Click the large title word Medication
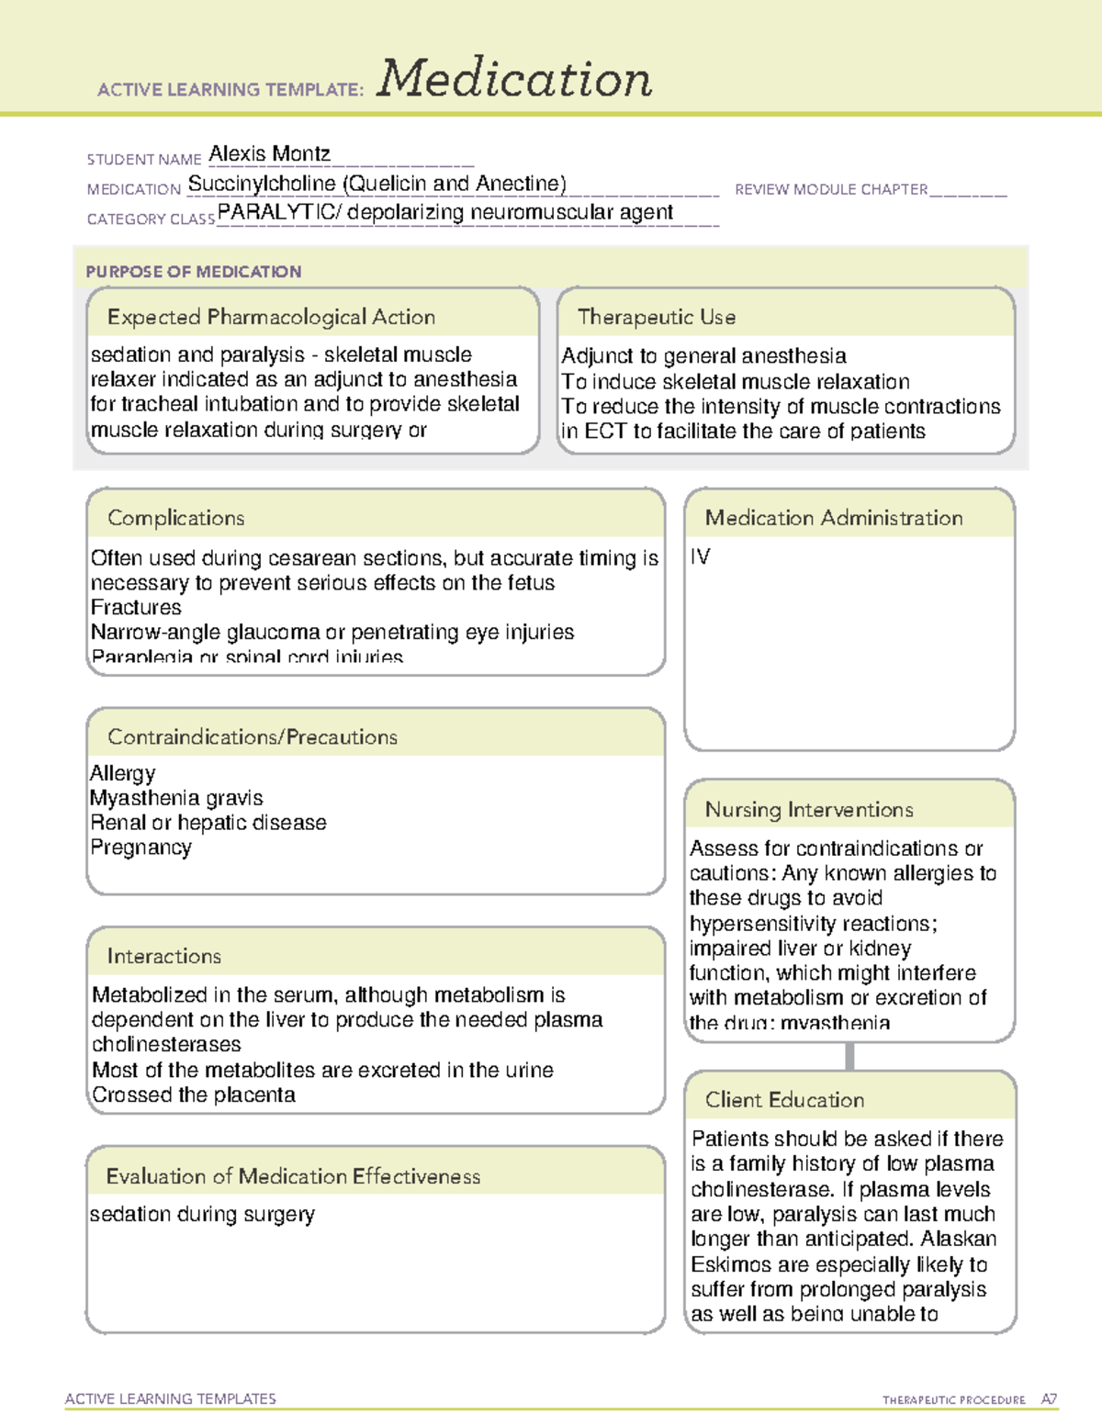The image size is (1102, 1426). click(x=513, y=79)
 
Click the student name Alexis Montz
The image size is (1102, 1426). click(x=269, y=153)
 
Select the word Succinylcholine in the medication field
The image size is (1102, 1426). click(x=262, y=184)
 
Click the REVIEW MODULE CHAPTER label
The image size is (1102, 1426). click(x=831, y=189)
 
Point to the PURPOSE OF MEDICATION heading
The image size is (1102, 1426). click(x=193, y=272)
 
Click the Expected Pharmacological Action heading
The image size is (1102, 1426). click(x=271, y=317)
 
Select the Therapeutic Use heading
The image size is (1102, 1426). click(x=656, y=317)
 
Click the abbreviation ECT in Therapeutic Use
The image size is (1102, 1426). click(x=605, y=432)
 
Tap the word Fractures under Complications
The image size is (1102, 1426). click(x=136, y=608)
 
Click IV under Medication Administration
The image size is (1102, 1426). click(x=700, y=557)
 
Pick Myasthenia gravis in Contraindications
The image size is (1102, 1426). click(x=176, y=798)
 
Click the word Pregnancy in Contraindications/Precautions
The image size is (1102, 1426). click(x=141, y=848)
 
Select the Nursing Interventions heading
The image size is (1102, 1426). click(x=808, y=810)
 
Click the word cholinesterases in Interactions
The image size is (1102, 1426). click(x=166, y=1045)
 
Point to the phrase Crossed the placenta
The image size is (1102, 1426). click(x=193, y=1095)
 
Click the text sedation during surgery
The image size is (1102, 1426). click(x=202, y=1214)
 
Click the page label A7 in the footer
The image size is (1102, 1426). click(x=1049, y=1399)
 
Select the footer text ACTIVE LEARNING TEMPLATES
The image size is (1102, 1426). click(x=170, y=1398)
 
